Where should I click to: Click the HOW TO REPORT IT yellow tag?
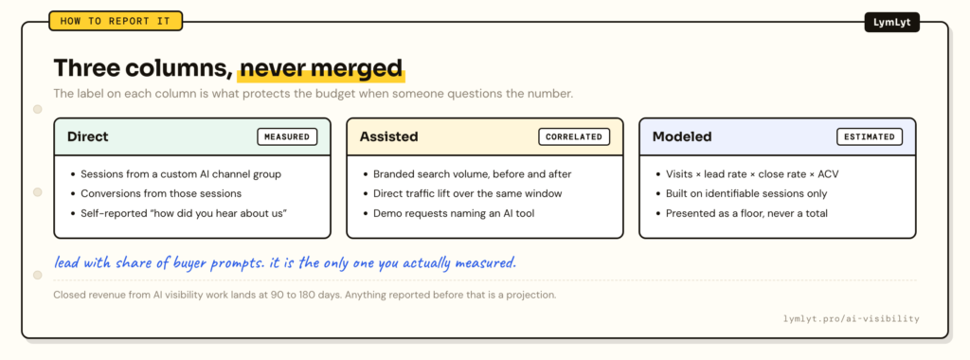(116, 21)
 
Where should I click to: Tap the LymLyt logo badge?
(891, 23)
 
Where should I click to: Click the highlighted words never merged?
(322, 68)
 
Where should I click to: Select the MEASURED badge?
(287, 136)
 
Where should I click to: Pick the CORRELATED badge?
(574, 136)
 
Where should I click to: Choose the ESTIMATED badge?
(870, 136)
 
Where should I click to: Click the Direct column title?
(88, 136)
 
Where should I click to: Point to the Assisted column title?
(389, 136)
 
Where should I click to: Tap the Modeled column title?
(682, 136)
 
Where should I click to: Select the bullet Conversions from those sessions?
(156, 193)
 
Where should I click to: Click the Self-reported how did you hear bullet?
(179, 213)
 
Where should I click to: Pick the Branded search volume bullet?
(467, 174)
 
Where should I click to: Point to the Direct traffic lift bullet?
(462, 193)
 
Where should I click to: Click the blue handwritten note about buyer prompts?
(284, 262)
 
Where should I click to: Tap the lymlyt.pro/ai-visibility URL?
(852, 319)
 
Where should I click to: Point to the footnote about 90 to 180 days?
(305, 295)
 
